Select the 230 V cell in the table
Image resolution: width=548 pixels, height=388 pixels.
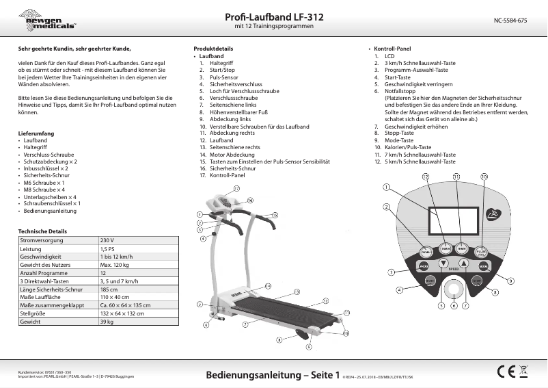(x=107, y=241)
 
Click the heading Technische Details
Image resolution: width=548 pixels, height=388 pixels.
(x=42, y=231)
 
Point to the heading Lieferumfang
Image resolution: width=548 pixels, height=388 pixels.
(x=36, y=132)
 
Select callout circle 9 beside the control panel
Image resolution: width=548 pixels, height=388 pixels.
(x=510, y=281)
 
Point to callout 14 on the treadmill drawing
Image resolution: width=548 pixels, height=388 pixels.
(x=269, y=285)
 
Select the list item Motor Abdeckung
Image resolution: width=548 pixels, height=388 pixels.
(x=232, y=155)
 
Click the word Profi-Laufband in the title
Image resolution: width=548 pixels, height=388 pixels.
(x=254, y=16)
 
